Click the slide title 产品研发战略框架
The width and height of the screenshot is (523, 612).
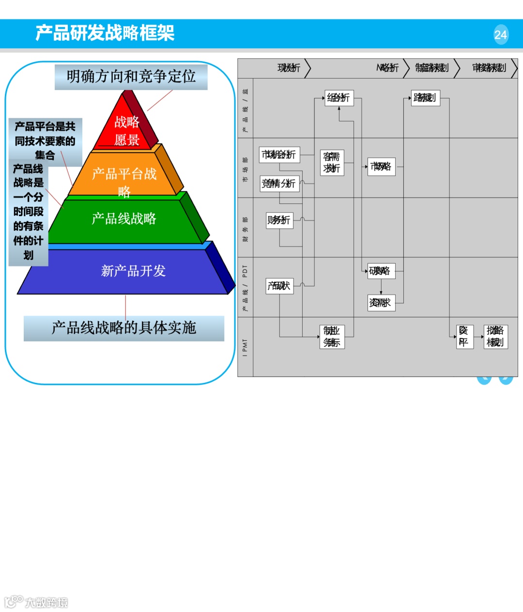[105, 33]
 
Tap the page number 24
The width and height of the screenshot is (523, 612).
[501, 35]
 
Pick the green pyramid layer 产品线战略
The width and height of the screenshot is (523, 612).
[124, 219]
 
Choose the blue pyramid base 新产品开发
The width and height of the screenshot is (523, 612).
[133, 271]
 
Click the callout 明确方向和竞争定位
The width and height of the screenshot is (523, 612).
[131, 77]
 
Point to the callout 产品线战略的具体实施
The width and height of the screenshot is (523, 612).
[124, 328]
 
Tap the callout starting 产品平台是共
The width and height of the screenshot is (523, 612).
[45, 141]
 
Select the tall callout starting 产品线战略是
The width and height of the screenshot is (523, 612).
[28, 212]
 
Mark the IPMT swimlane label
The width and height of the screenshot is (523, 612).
[245, 347]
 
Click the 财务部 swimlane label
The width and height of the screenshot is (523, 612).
[245, 227]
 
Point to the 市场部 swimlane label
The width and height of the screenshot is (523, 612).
[245, 168]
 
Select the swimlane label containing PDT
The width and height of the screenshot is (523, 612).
[245, 287]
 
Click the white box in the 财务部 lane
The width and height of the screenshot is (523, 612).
[279, 220]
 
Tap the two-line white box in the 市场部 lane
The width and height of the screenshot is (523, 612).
[332, 162]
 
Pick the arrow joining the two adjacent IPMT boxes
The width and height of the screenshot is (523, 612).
[481, 337]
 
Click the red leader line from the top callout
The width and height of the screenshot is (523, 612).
[160, 100]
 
